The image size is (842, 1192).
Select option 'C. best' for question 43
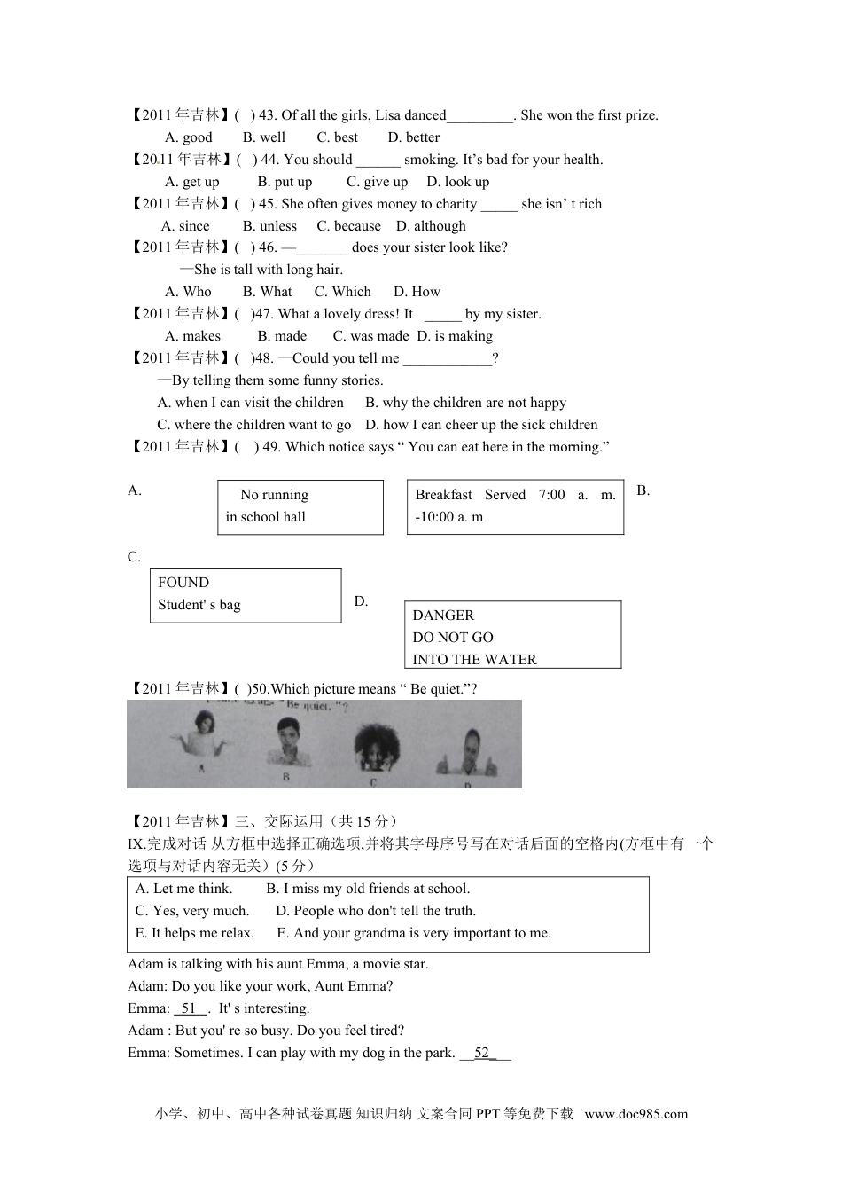point(337,137)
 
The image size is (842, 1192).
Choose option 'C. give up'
point(377,182)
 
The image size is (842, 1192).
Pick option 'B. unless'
point(269,226)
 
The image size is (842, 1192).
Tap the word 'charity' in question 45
point(456,204)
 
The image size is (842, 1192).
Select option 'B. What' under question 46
point(267,292)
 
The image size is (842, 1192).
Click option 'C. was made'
point(370,336)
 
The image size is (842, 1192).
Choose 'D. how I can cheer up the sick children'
point(481,425)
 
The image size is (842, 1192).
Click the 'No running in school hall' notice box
point(300,506)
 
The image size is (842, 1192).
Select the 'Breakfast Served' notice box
point(515,506)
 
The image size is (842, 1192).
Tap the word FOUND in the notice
point(183,583)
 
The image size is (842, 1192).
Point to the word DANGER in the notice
point(443,616)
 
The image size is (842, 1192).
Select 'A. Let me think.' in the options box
point(183,889)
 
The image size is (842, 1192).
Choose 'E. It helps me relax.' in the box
point(194,933)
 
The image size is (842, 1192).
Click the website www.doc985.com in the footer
point(635,1115)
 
